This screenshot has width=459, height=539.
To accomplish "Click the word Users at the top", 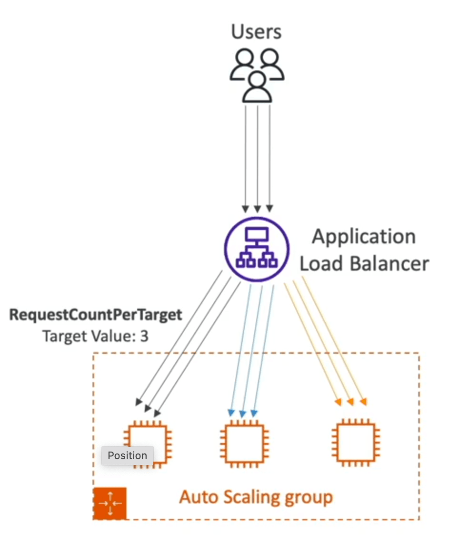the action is click(256, 32).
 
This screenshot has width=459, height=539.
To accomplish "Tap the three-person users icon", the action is click(257, 76).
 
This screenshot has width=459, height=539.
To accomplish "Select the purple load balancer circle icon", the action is click(257, 249).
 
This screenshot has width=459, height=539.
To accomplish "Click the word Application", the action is click(364, 238).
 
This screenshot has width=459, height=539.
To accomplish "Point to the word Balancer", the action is click(389, 264).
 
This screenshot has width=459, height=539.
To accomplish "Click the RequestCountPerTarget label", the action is click(95, 315).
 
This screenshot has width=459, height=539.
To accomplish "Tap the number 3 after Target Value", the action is click(144, 336).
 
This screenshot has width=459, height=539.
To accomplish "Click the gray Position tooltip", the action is click(128, 455).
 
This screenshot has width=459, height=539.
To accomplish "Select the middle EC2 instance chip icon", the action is click(244, 443).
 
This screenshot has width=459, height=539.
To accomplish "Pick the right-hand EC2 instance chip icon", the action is click(356, 443).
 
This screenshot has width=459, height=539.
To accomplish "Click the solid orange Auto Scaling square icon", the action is click(110, 504).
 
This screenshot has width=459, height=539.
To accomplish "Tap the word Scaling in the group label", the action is click(251, 497).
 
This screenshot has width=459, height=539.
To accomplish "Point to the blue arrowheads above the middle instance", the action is click(242, 413).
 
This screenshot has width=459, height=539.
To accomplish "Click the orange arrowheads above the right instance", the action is click(351, 402).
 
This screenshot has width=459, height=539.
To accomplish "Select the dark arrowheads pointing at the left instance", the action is click(148, 407).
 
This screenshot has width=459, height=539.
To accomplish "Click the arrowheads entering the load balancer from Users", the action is click(257, 208).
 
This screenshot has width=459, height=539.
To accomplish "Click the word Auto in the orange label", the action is click(199, 497).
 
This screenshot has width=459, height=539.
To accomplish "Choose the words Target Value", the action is click(89, 336).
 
